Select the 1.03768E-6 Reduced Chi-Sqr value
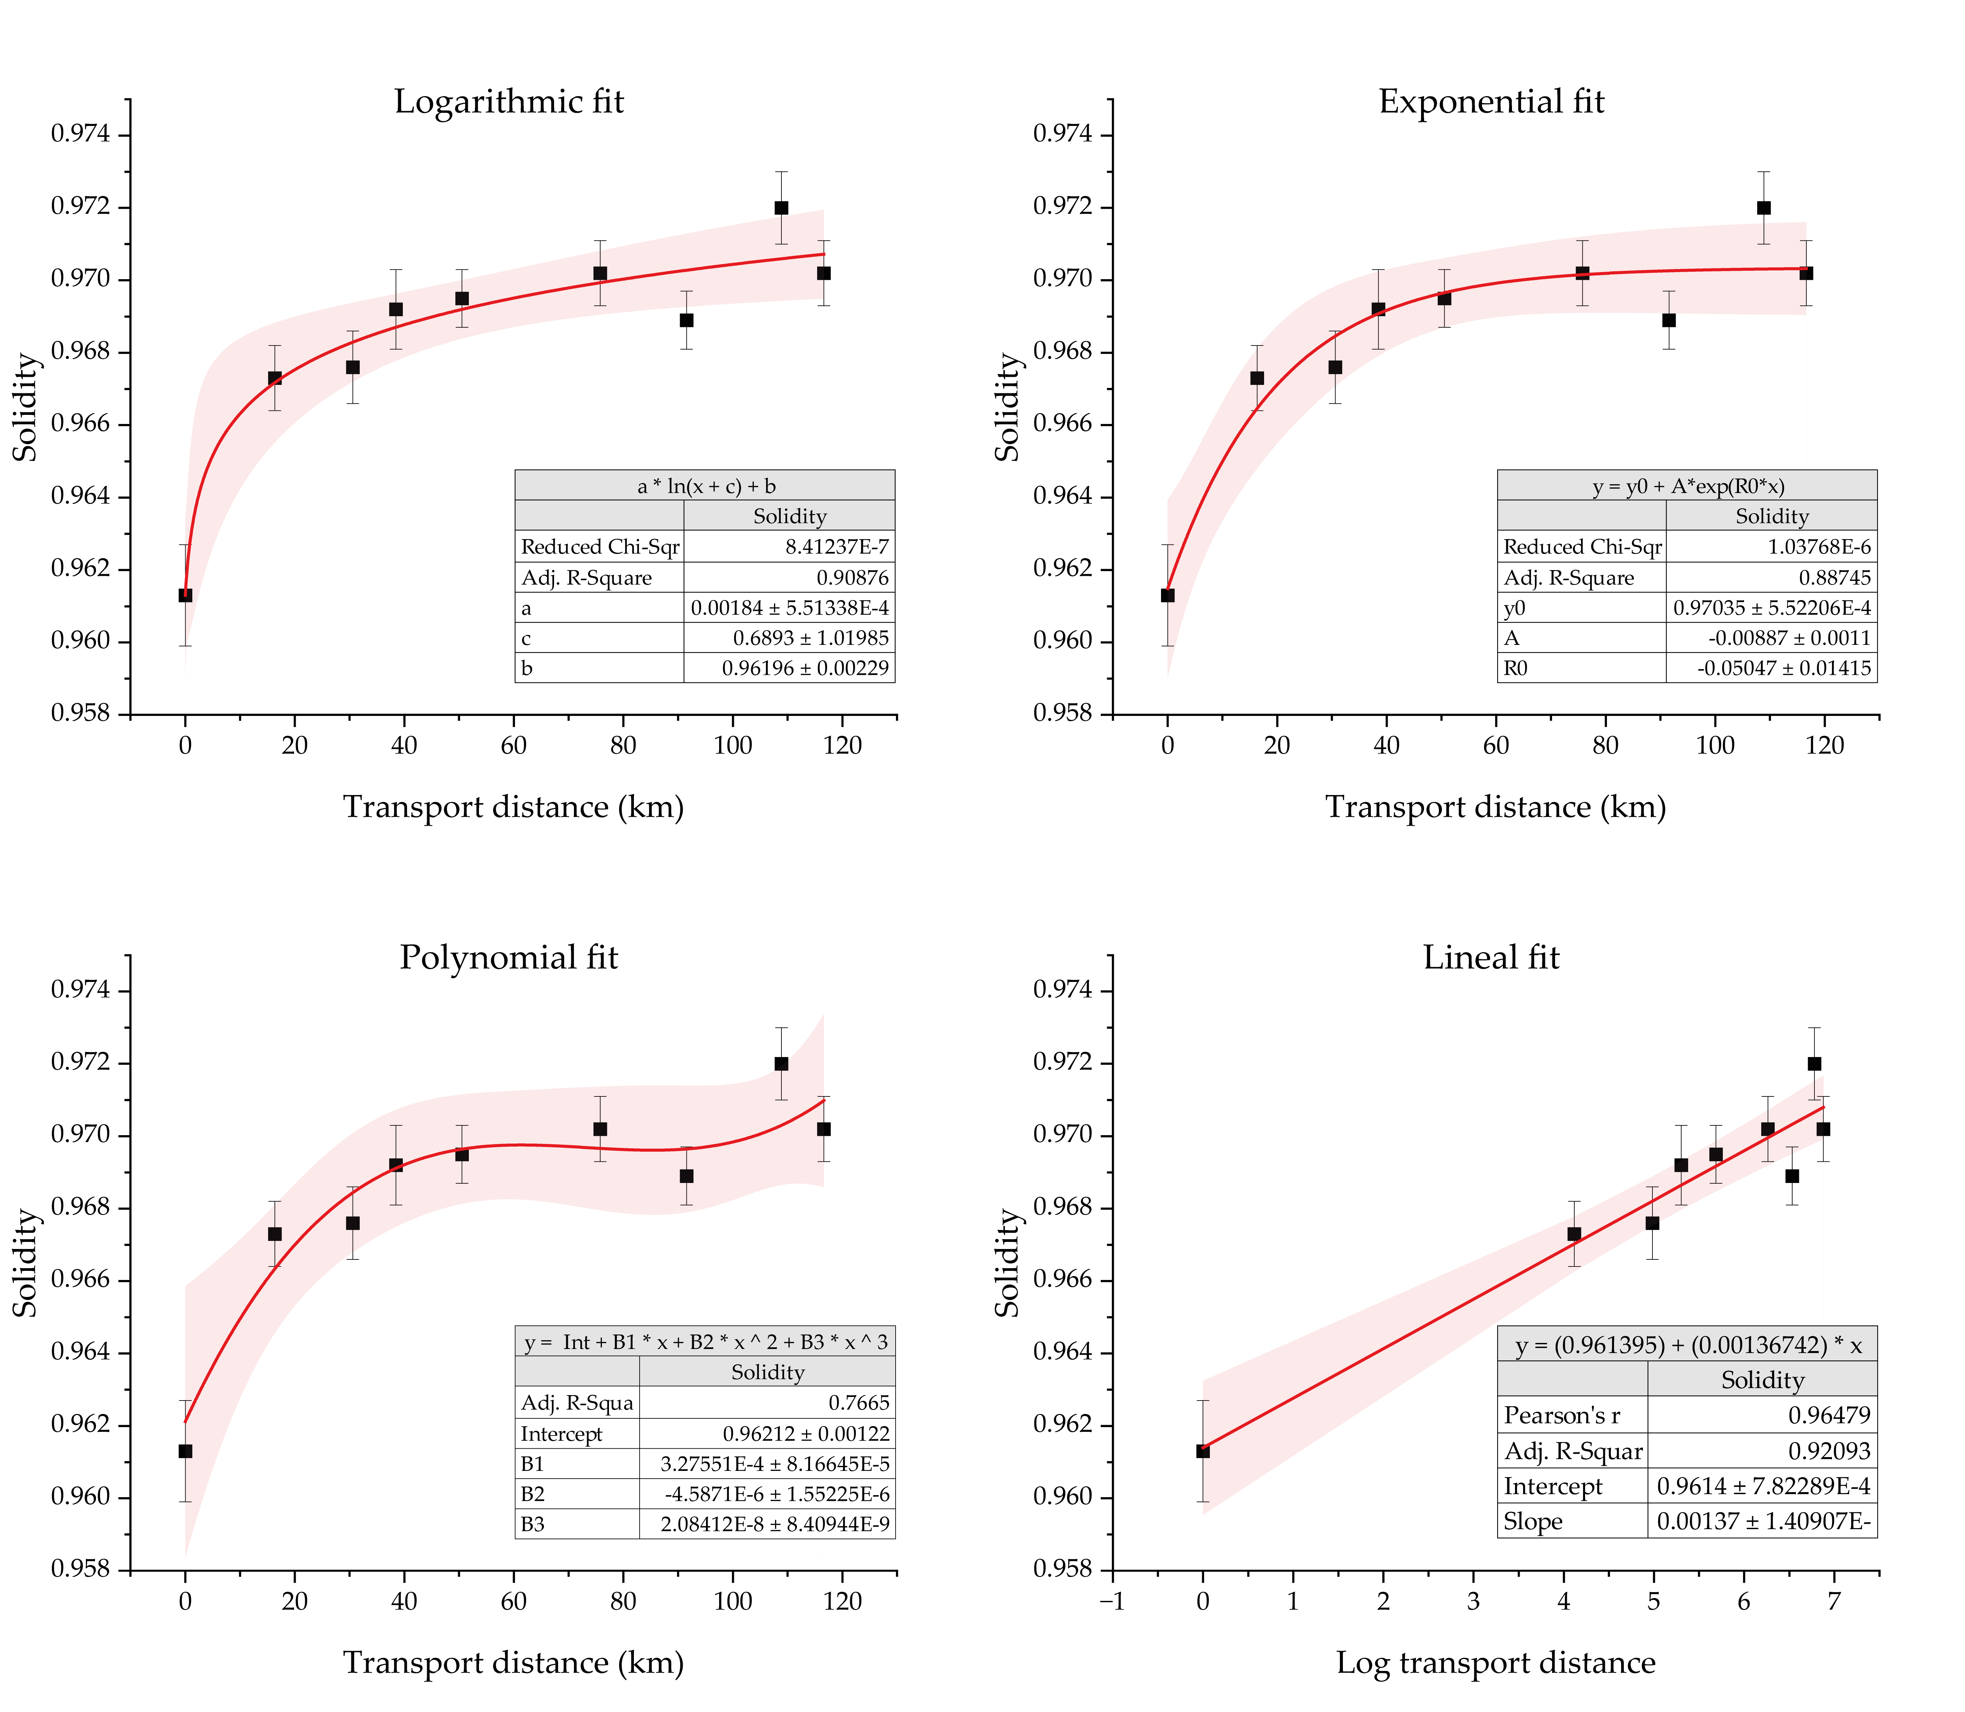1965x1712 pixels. click(1821, 547)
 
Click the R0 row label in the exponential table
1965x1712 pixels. click(1516, 668)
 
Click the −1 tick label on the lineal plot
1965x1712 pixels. click(1112, 1601)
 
